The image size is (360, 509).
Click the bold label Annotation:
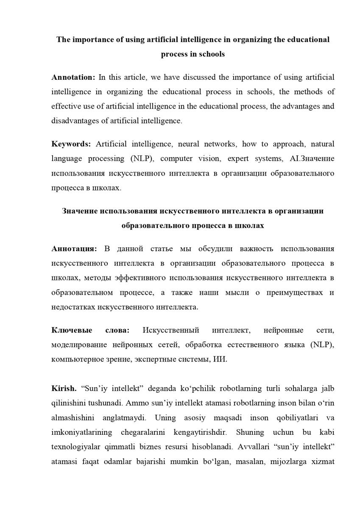pos(73,77)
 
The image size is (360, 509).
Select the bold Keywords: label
pos(71,144)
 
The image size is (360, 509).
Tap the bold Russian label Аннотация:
pos(74,249)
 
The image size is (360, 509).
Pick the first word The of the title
pos(63,39)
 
